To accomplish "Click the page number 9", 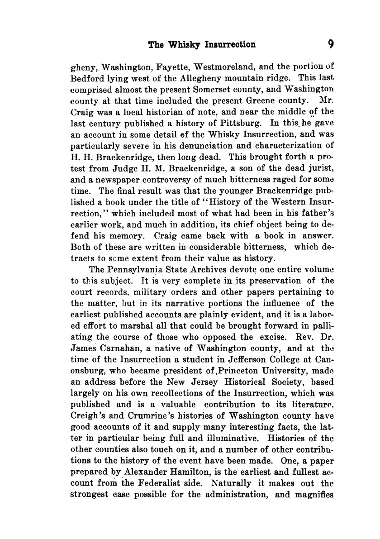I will pos(331,44).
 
